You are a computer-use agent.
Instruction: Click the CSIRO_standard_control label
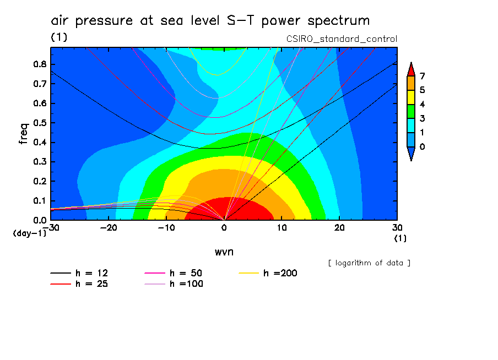pos(342,39)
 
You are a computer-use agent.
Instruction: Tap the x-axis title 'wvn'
pos(224,252)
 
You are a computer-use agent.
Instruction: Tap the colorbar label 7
pos(422,76)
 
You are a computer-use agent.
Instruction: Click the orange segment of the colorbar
pos(410,83)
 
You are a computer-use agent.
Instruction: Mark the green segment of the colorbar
pos(410,111)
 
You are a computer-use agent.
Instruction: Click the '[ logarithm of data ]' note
pos(369,263)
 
